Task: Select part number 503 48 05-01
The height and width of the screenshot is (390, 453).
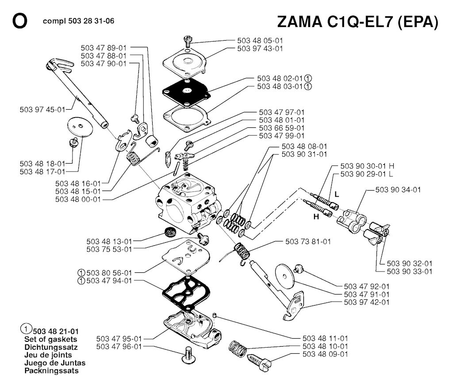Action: pos(260,41)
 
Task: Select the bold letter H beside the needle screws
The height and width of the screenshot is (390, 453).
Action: pos(316,217)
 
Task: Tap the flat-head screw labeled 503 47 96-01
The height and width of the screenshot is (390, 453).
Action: pos(189,355)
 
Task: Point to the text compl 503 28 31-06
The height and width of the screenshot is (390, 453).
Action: pos(80,21)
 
